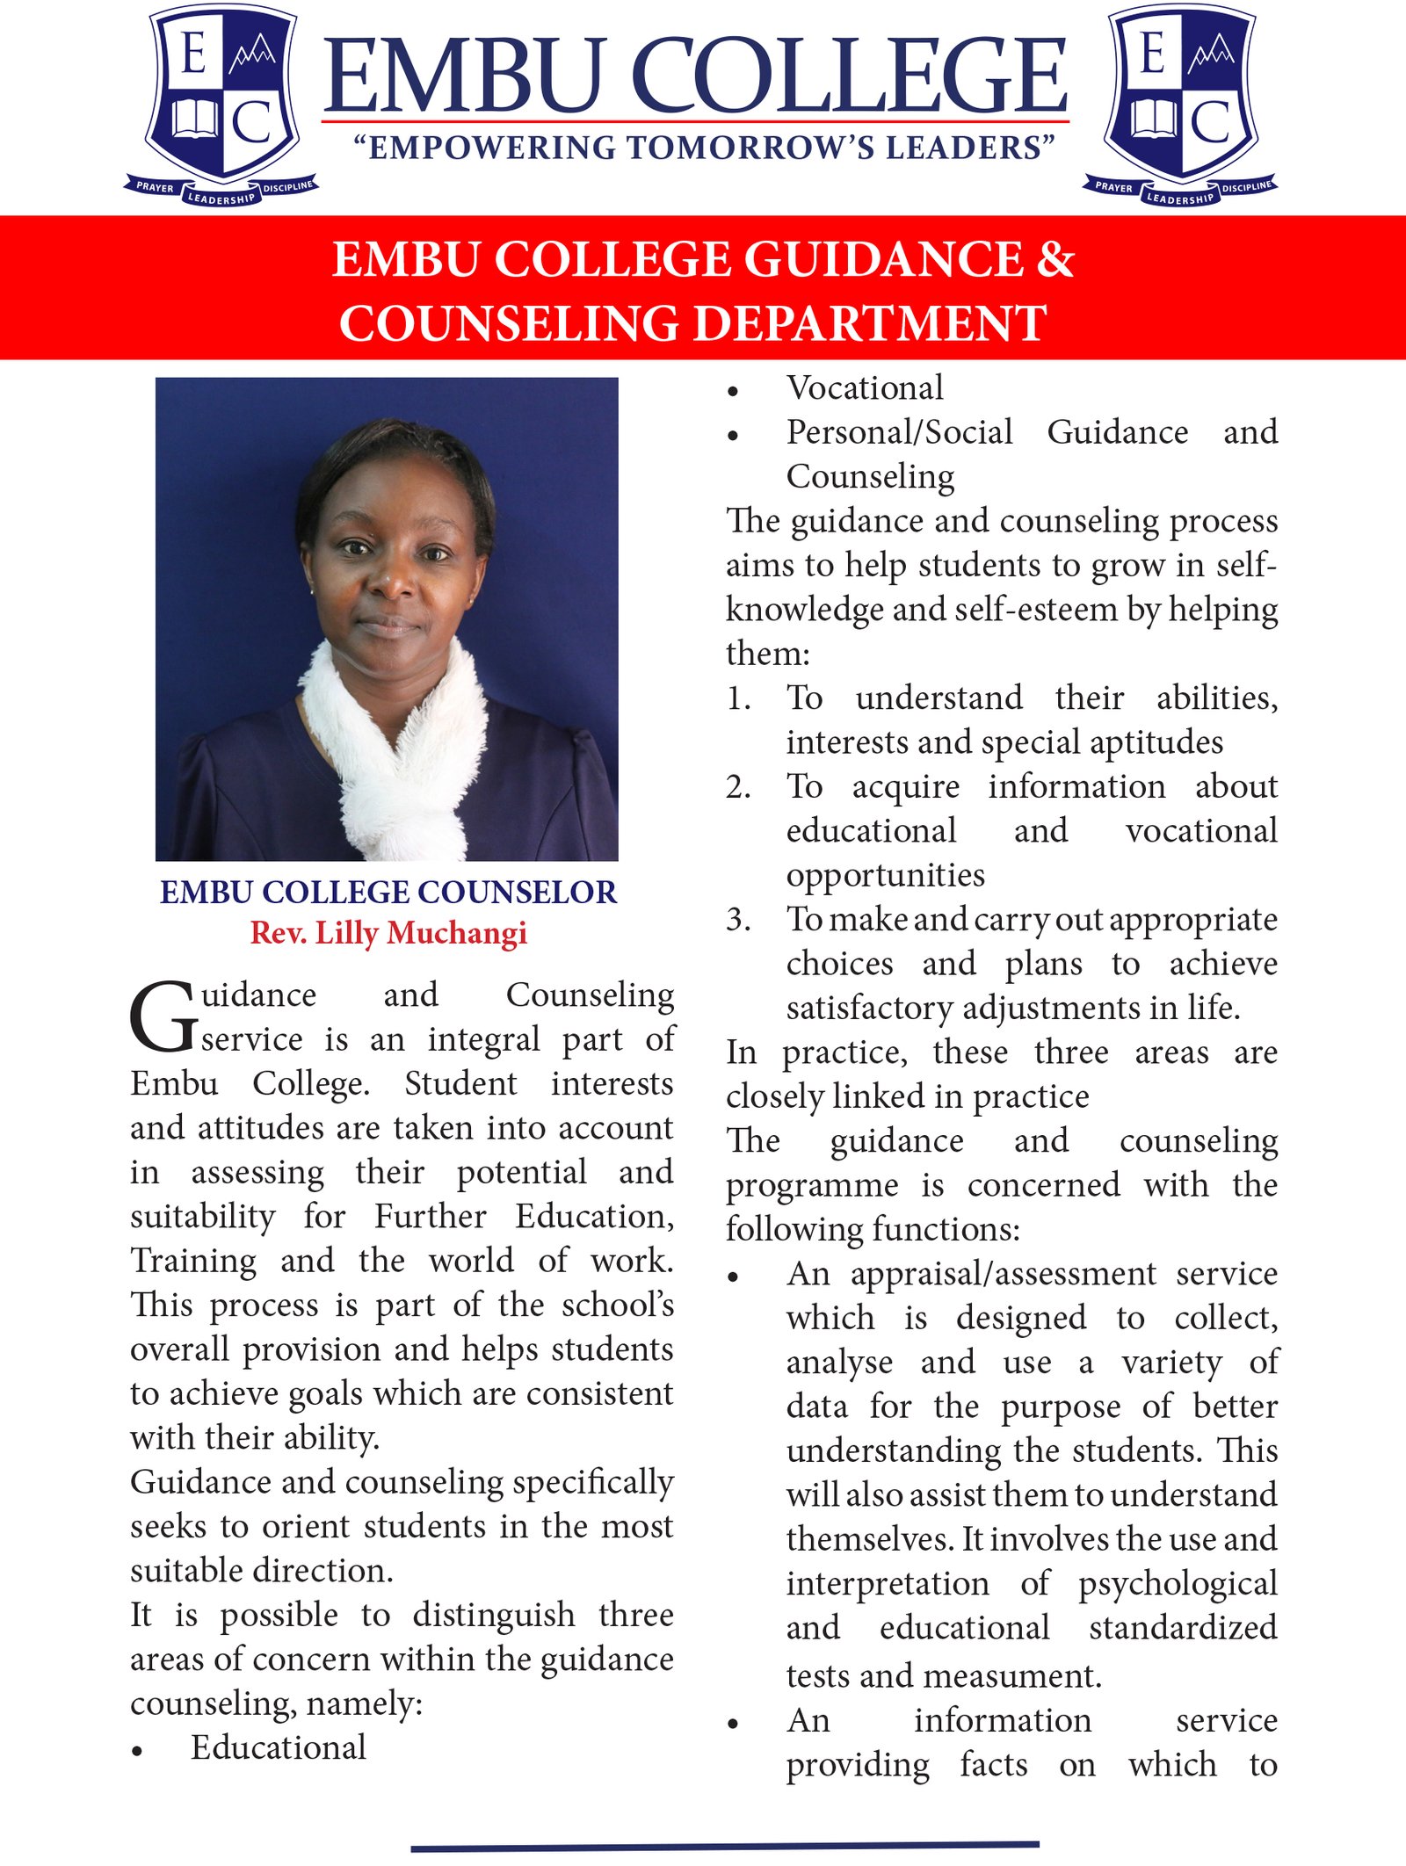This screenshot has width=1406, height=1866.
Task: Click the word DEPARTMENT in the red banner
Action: [x=870, y=322]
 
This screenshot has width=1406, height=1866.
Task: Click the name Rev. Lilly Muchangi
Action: [x=388, y=932]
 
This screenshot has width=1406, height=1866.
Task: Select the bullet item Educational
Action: [x=278, y=1747]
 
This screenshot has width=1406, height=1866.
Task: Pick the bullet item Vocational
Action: [x=865, y=387]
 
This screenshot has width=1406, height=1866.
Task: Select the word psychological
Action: [x=1178, y=1584]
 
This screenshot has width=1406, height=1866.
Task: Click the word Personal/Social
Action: [x=899, y=432]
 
